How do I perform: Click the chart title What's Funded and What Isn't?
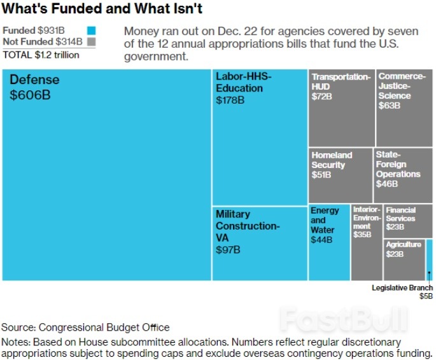(102, 9)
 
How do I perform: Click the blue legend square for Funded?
(91, 31)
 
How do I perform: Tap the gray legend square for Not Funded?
(91, 42)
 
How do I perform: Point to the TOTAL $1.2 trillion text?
(41, 55)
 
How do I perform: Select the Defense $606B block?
(106, 175)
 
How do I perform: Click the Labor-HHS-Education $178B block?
(259, 136)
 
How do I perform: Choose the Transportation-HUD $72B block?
(341, 108)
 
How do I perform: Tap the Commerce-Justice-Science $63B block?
(404, 108)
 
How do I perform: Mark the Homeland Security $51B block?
(341, 176)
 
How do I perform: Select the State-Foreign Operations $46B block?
(403, 176)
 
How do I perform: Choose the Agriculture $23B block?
(404, 260)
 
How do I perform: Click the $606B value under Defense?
(29, 95)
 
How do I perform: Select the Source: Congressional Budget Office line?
(85, 328)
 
